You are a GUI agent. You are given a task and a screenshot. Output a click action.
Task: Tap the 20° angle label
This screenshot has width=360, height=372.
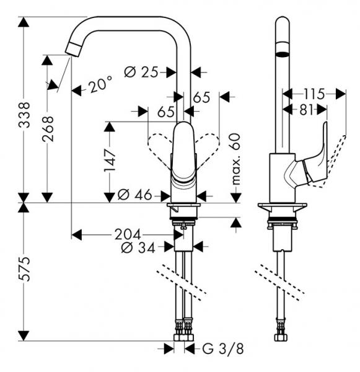(100, 85)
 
